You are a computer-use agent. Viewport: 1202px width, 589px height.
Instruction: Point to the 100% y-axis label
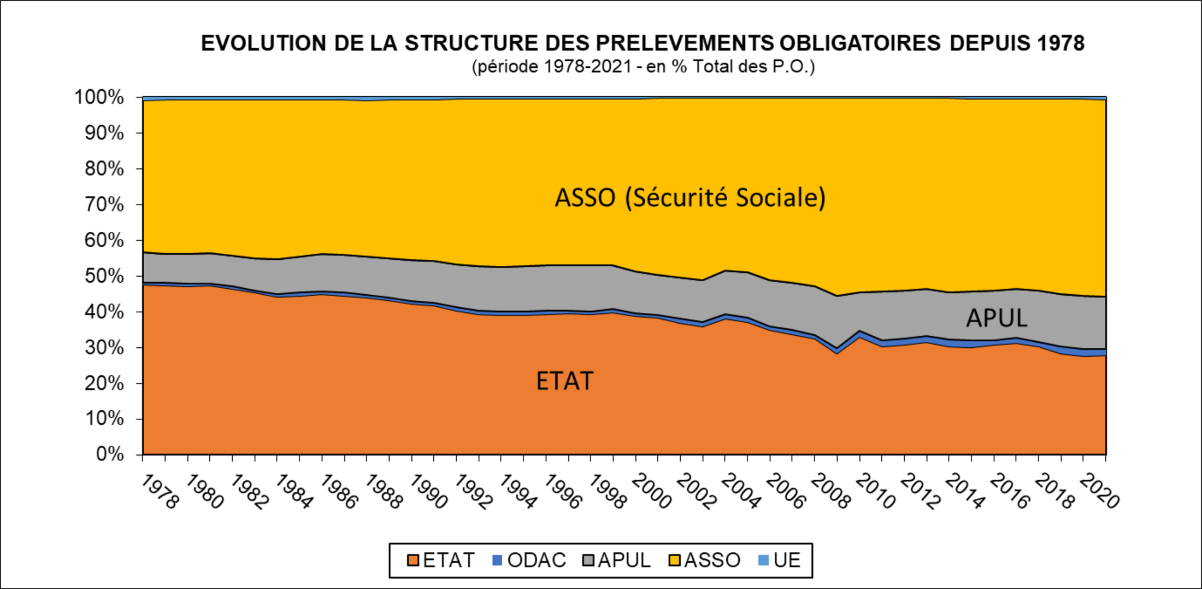[99, 97]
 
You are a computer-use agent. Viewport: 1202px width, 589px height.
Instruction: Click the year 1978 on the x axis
[159, 492]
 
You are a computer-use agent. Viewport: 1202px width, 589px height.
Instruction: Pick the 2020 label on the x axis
[1100, 492]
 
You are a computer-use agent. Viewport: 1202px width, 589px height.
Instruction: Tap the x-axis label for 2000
[651, 492]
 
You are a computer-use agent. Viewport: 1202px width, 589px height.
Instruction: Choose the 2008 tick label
[830, 492]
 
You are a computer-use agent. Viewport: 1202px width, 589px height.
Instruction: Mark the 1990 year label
[428, 492]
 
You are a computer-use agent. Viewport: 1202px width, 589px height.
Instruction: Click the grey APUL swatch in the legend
[588, 560]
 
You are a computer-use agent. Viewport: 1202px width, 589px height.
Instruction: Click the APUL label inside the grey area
[997, 318]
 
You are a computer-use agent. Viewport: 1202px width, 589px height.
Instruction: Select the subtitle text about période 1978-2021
[643, 67]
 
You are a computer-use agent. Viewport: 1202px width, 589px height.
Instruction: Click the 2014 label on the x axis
[965, 492]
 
